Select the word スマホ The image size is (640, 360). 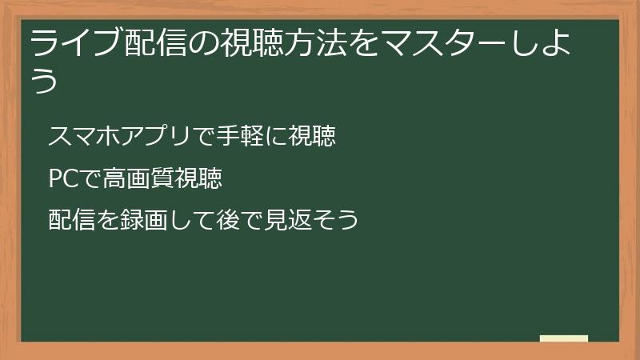tap(83, 137)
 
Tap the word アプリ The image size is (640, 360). tap(155, 137)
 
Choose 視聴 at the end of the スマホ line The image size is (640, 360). tap(312, 137)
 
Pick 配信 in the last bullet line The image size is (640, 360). tap(71, 218)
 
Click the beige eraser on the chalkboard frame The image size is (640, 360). tap(563, 338)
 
